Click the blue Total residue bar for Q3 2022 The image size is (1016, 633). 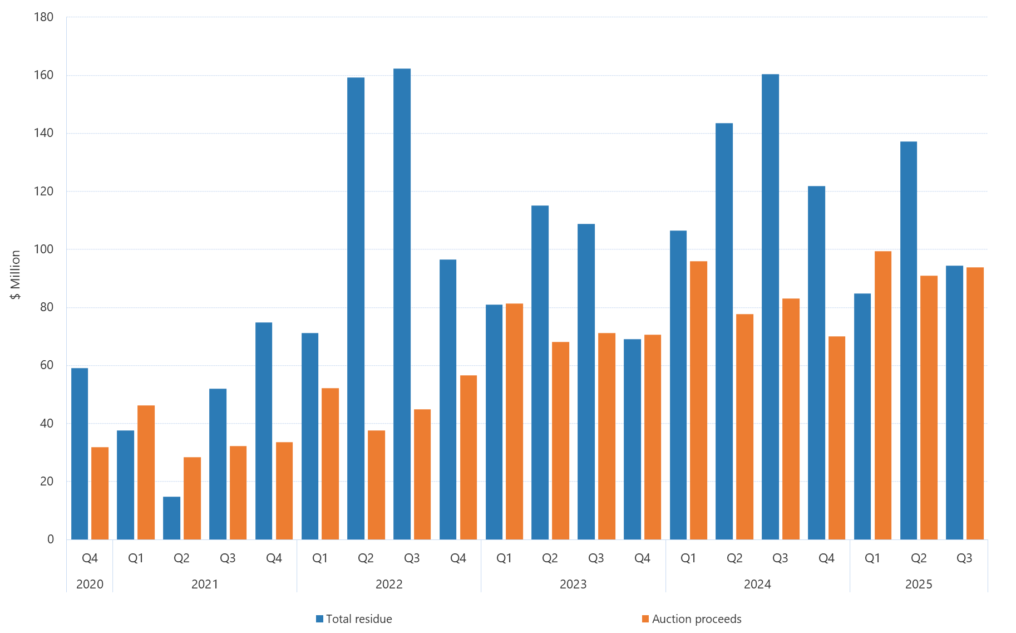tap(402, 304)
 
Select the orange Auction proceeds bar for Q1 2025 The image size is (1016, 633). tap(882, 395)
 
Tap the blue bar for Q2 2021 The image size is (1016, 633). tap(171, 518)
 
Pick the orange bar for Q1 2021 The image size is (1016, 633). tap(146, 472)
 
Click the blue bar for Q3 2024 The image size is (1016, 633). tap(770, 307)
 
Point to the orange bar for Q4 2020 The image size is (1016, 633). tap(100, 493)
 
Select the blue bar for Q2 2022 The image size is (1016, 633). tap(356, 308)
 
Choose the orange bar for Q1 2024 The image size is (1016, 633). tap(698, 400)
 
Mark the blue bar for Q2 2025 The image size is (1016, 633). tap(908, 340)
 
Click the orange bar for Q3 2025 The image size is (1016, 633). tap(975, 403)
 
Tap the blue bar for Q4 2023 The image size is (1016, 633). tap(632, 439)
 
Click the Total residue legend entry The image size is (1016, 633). tap(354, 619)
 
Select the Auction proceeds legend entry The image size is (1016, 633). tap(692, 619)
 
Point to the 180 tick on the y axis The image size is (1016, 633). tap(43, 17)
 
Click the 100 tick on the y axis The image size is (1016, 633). tap(43, 249)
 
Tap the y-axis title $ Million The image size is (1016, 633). tap(15, 274)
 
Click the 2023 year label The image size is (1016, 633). tap(573, 584)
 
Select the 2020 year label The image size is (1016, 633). tap(90, 584)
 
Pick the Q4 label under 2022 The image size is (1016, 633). tap(458, 558)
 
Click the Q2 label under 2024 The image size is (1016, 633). tap(734, 558)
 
